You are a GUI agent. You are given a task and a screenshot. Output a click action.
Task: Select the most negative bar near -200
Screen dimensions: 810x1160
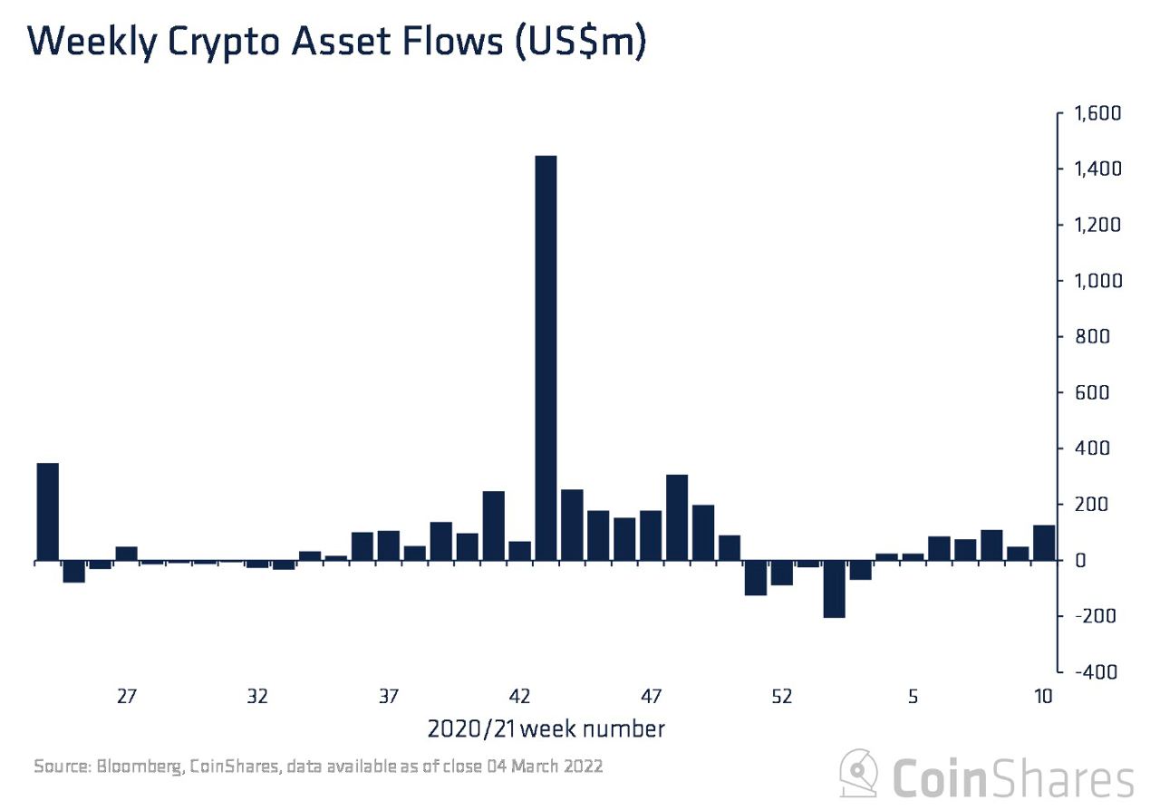[834, 589]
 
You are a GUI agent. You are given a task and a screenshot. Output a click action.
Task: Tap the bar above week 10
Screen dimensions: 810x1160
[1044, 543]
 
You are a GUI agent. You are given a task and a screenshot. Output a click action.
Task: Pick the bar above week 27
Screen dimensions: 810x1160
[126, 554]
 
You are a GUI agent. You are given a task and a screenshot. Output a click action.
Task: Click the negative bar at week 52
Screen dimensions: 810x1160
[781, 573]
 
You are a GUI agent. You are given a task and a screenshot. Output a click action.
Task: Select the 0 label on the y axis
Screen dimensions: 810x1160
[1080, 561]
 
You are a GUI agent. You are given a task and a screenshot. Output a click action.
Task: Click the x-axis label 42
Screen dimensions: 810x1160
[519, 697]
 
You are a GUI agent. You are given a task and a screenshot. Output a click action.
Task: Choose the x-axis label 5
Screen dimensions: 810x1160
[913, 697]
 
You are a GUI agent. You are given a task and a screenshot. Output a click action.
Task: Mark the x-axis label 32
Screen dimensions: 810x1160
[257, 697]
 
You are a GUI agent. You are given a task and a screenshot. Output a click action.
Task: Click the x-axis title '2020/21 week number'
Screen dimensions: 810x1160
[546, 728]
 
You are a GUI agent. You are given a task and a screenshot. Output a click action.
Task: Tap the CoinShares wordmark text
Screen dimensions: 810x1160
[1013, 777]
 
